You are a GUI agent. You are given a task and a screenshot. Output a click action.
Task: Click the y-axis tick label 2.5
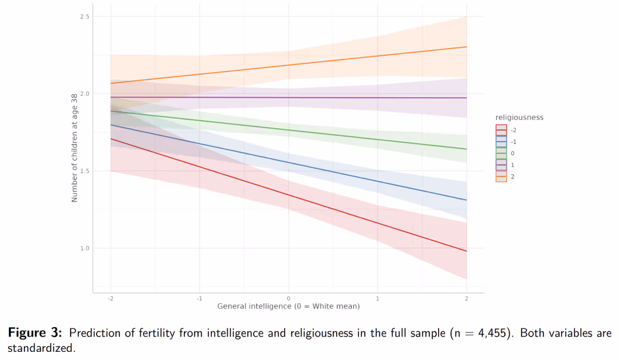[85, 16]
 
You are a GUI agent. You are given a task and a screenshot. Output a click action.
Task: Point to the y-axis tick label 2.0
[85, 94]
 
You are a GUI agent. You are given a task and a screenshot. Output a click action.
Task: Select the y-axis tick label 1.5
[85, 171]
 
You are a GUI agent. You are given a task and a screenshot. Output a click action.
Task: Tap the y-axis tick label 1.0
[85, 248]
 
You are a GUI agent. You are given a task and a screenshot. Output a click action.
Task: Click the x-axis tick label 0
[288, 299]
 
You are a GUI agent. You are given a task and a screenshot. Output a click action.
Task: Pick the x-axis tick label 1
[377, 299]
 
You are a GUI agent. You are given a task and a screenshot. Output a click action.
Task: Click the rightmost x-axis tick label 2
[466, 299]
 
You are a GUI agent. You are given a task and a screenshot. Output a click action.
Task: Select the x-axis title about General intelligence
[288, 306]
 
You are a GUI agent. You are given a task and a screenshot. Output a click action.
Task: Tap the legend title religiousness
[519, 118]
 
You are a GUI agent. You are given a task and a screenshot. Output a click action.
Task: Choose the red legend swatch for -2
[501, 130]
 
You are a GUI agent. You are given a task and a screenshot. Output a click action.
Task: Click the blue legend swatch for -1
[501, 142]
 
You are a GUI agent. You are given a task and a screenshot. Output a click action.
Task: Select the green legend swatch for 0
[501, 153]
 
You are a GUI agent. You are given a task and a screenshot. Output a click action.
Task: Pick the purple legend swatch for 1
[501, 164]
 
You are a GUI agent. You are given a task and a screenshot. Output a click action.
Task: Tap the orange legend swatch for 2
[501, 176]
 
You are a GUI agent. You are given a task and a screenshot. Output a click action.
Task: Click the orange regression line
[288, 65]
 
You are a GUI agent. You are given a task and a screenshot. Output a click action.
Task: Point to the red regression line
[288, 196]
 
